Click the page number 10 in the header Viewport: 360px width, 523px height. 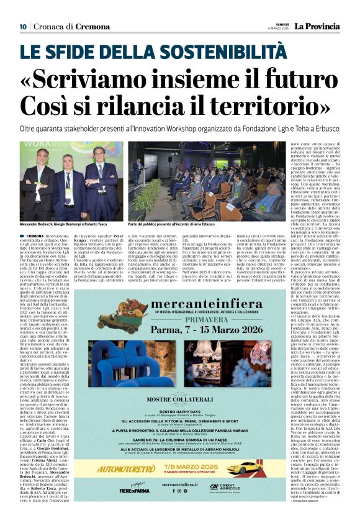click(x=22, y=26)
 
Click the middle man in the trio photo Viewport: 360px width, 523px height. click(x=71, y=183)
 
